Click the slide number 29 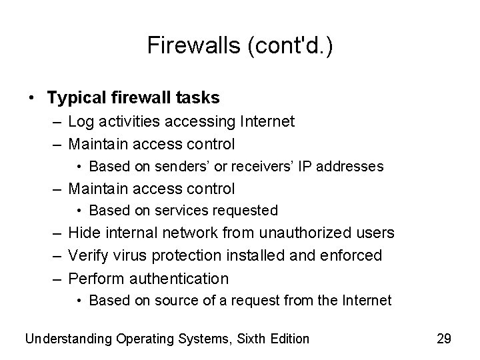(x=443, y=339)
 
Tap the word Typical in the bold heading (x=75, y=98)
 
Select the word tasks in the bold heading (x=197, y=98)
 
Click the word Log (x=80, y=121)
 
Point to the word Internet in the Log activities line (x=261, y=121)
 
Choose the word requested (x=246, y=211)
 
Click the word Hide (x=83, y=233)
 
